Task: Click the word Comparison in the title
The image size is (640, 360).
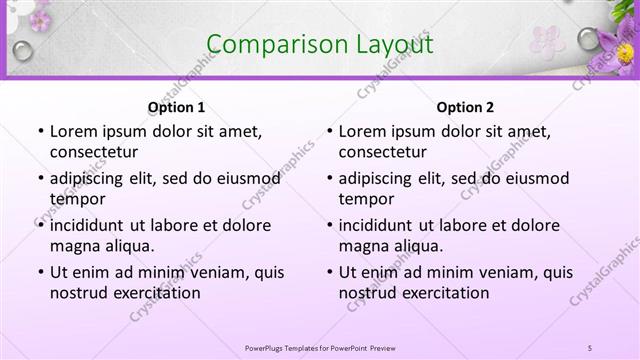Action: [x=269, y=44]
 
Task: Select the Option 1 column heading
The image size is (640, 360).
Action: [x=176, y=107]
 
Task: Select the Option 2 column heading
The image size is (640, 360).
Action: [x=465, y=107]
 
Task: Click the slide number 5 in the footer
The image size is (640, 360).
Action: [x=591, y=347]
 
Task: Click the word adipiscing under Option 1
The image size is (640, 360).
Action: [x=93, y=178]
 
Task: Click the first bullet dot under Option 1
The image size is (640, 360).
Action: [x=39, y=131]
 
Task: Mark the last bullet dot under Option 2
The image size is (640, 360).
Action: [x=328, y=272]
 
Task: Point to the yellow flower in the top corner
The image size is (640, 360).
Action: [x=626, y=52]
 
